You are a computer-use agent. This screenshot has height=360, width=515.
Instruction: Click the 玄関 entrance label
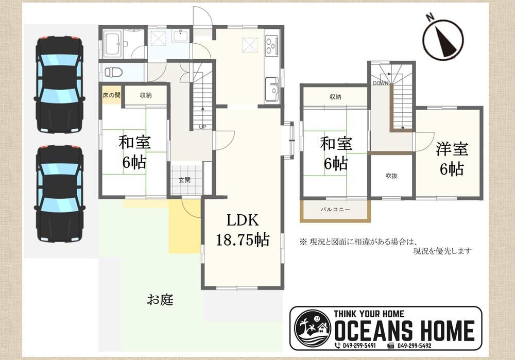[x=184, y=180]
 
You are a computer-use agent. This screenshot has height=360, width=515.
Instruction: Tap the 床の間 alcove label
[x=111, y=95]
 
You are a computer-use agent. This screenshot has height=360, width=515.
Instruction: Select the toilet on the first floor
[x=113, y=72]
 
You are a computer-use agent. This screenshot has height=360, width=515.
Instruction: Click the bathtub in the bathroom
[x=112, y=44]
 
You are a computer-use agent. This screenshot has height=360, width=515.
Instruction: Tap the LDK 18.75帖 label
[x=243, y=230]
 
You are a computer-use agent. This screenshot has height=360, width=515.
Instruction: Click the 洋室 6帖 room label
[x=452, y=159]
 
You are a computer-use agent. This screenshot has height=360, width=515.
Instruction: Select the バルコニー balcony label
[x=335, y=210]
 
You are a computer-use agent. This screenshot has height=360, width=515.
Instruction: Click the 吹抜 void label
[x=391, y=176]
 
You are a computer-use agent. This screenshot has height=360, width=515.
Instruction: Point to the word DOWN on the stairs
[x=381, y=83]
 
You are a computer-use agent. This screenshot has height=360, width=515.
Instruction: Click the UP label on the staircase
[x=202, y=127]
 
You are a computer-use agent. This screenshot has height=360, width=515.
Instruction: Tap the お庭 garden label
[x=160, y=300]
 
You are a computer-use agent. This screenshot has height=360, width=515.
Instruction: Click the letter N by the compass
[x=429, y=17]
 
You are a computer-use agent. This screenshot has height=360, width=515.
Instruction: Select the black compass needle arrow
[x=445, y=41]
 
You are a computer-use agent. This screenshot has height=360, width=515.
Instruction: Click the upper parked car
[x=59, y=84]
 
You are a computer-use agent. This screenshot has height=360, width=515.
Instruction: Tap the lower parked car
[x=59, y=194]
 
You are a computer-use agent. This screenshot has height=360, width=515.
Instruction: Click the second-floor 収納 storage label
[x=335, y=97]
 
